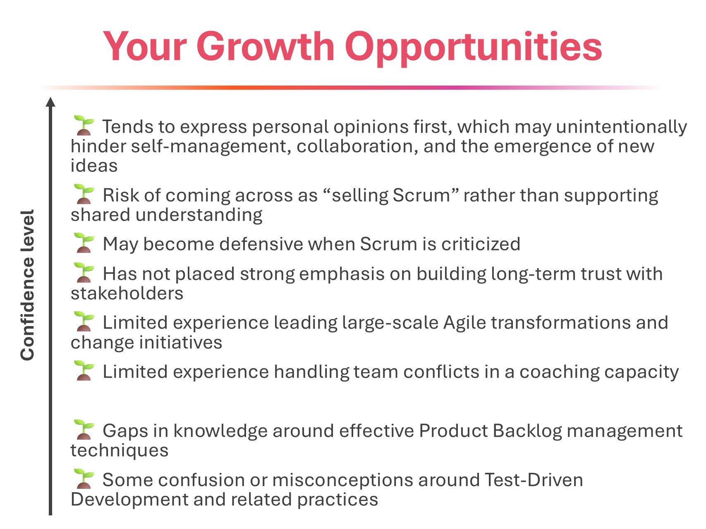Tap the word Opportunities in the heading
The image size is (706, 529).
click(473, 49)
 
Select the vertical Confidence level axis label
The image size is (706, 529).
click(27, 285)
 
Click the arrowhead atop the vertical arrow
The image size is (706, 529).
click(50, 102)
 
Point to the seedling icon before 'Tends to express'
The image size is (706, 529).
click(84, 126)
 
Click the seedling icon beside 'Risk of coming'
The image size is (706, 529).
click(84, 194)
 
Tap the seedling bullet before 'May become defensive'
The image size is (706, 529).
click(84, 243)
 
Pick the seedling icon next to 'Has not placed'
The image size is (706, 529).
click(84, 273)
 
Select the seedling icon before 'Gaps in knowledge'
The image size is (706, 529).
click(84, 430)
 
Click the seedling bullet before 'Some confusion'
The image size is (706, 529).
click(84, 479)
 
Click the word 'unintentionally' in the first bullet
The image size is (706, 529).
click(622, 127)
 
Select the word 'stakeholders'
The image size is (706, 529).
click(127, 293)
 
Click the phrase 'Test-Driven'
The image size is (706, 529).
click(534, 480)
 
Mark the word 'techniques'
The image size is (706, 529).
click(120, 451)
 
